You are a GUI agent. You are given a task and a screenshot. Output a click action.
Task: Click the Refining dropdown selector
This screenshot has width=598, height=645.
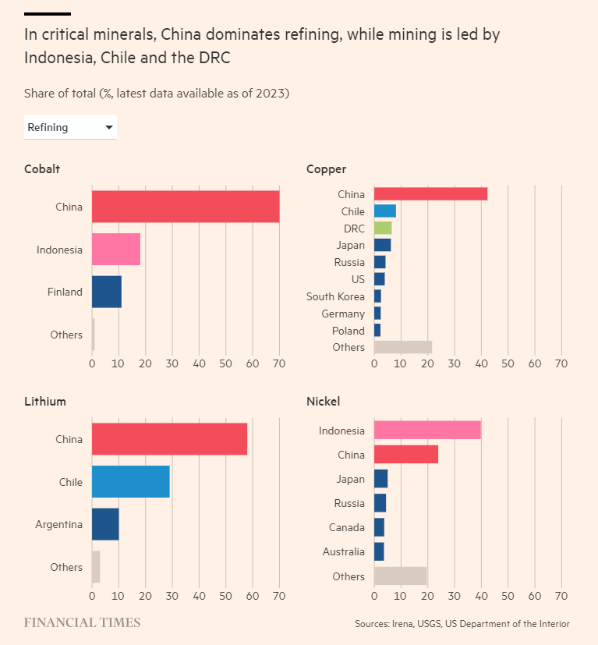(x=70, y=127)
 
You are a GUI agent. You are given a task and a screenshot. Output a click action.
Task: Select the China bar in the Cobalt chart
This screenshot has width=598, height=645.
(x=186, y=207)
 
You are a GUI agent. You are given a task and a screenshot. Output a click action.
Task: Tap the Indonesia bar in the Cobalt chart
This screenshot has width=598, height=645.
(x=116, y=250)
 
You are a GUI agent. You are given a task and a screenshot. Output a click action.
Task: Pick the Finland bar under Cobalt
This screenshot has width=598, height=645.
(x=107, y=292)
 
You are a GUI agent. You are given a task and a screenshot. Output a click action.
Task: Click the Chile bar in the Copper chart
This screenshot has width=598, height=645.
(x=385, y=211)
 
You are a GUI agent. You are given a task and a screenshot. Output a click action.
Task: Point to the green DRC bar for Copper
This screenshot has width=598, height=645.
(x=383, y=229)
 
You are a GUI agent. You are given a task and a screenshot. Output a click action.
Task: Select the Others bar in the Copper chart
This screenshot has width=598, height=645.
(x=403, y=347)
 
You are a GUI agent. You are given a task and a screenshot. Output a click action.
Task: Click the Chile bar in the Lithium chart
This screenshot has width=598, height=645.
(x=130, y=482)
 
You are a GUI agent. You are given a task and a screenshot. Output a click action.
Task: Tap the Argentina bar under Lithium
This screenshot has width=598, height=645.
(x=105, y=524)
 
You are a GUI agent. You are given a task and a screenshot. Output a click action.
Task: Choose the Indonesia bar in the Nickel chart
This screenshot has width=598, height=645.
(x=427, y=431)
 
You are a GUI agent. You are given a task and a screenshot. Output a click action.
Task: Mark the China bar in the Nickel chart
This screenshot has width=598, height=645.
(x=406, y=455)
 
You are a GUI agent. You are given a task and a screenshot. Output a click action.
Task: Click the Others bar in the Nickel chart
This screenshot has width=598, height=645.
(x=401, y=576)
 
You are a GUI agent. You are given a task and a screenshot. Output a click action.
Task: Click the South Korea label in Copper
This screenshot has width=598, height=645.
(x=335, y=296)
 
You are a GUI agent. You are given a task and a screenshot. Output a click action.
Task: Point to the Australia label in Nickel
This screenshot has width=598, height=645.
(x=343, y=552)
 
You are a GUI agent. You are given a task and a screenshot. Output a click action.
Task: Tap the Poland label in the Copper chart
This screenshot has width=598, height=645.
(x=348, y=331)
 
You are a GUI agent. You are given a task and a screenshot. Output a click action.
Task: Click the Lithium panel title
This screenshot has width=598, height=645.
(x=45, y=402)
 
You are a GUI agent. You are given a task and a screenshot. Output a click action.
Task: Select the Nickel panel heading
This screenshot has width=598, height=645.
(x=323, y=402)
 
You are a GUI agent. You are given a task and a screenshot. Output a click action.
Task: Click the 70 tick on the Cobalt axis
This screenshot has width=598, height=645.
(x=279, y=363)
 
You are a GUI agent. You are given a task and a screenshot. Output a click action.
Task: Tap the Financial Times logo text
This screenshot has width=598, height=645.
(x=82, y=622)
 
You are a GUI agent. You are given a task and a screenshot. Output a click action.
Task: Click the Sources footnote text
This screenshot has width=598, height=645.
(x=462, y=624)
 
